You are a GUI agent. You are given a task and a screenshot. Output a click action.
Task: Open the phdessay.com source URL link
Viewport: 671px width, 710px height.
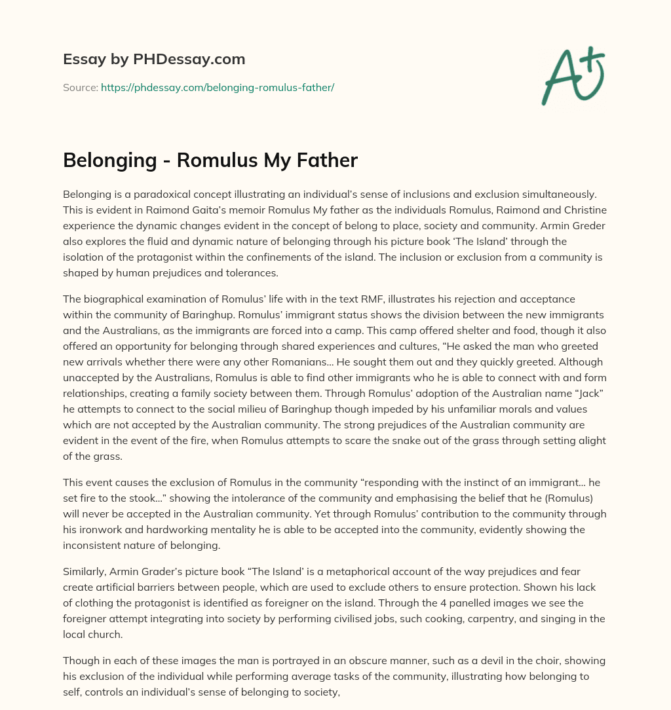pyautogui.click(x=218, y=87)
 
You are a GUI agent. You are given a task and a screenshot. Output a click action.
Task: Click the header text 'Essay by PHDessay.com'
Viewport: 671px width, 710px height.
pyautogui.click(x=154, y=59)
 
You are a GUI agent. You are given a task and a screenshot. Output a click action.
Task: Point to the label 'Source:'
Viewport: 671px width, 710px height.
pyautogui.click(x=80, y=87)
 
